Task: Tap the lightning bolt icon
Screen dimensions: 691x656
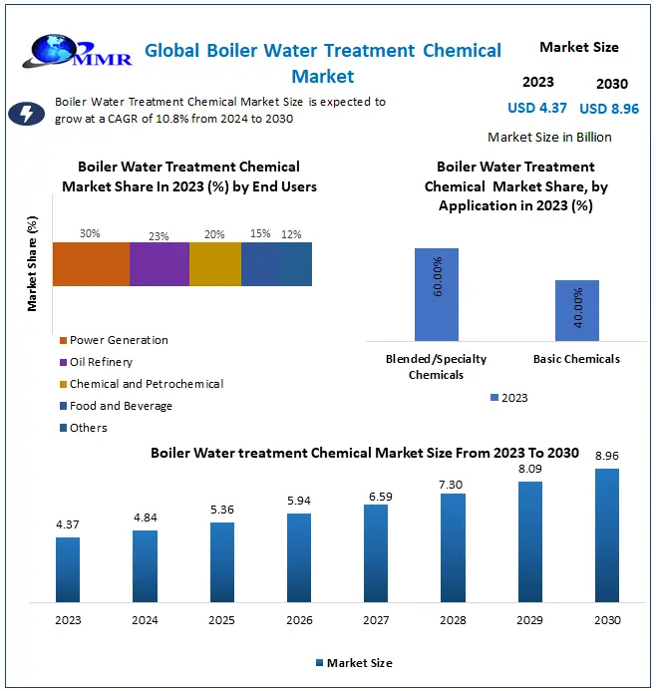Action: coord(26,114)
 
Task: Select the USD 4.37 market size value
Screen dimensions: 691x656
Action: coord(537,108)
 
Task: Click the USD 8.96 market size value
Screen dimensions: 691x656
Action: coord(609,109)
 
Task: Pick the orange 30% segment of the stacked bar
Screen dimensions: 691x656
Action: coord(91,264)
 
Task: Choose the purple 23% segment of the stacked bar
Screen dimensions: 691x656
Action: coord(160,264)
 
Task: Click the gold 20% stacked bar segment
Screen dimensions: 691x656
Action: coord(215,264)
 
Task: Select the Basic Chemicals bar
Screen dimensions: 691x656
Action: coord(576,310)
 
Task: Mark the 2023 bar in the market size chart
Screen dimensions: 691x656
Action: coord(68,569)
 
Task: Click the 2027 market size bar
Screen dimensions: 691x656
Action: coord(376,553)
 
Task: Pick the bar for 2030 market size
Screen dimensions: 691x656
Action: coord(606,535)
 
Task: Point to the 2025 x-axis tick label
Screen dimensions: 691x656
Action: coord(221,619)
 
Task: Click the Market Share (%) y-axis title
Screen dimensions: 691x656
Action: coord(33,264)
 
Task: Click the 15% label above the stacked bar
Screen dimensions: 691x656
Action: coord(260,234)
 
